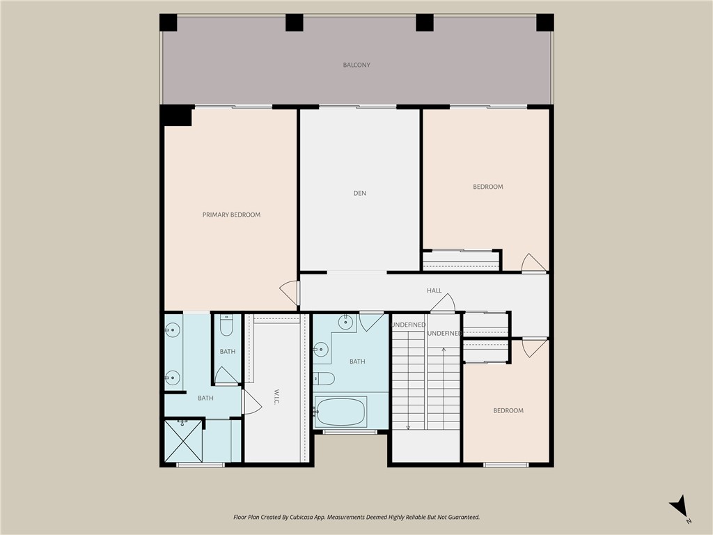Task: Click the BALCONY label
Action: click(356, 65)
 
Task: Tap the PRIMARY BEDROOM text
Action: click(231, 215)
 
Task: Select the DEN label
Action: click(359, 193)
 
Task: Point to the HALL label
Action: click(434, 290)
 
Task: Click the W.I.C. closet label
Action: click(276, 396)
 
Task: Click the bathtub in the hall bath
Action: click(340, 412)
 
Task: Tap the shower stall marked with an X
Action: click(183, 440)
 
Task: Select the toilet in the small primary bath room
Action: click(227, 327)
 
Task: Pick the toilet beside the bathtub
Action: click(324, 378)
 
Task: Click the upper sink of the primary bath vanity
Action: click(172, 329)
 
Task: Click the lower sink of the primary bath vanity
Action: click(172, 378)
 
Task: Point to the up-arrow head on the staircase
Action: click(444, 348)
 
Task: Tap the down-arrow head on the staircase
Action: click(408, 426)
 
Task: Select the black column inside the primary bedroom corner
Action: click(176, 116)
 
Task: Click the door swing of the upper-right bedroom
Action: click(533, 263)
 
